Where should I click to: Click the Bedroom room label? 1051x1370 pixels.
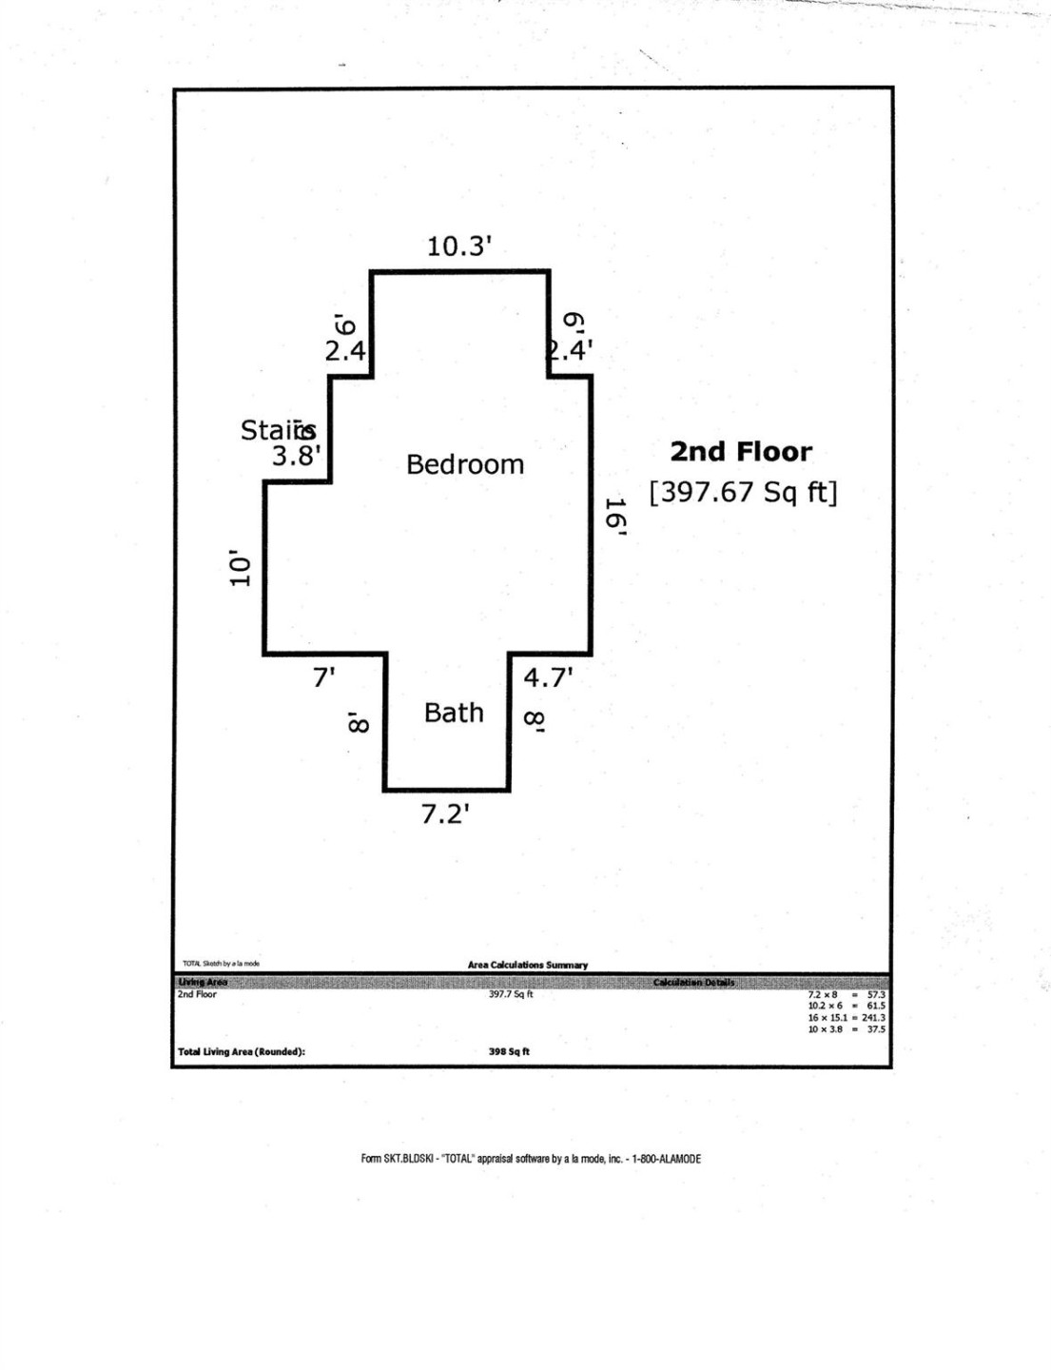(x=464, y=464)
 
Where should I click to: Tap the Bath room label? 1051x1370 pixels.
(x=454, y=713)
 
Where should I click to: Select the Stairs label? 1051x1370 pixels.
(x=277, y=431)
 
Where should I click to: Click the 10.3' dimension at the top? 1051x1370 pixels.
(x=458, y=246)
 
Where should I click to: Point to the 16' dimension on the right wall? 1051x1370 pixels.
(x=615, y=519)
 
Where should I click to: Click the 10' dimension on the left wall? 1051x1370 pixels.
(x=241, y=567)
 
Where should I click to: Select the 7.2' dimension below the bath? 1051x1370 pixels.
(x=446, y=814)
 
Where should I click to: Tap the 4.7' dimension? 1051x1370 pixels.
(x=548, y=677)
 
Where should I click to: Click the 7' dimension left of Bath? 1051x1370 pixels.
(x=324, y=677)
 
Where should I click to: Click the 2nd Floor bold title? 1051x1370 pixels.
(x=741, y=452)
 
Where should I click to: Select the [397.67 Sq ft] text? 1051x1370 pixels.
(x=743, y=493)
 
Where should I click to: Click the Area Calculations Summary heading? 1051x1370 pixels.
(x=527, y=965)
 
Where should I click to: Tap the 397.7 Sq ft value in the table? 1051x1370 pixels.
(x=511, y=994)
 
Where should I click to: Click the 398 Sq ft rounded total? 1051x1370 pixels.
(x=509, y=1051)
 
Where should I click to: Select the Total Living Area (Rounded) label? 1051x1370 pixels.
(x=242, y=1051)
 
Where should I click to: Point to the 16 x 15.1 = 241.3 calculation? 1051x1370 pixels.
(x=846, y=1017)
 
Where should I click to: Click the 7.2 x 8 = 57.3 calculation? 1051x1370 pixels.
(x=846, y=994)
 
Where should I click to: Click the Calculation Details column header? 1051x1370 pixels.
(x=693, y=982)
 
